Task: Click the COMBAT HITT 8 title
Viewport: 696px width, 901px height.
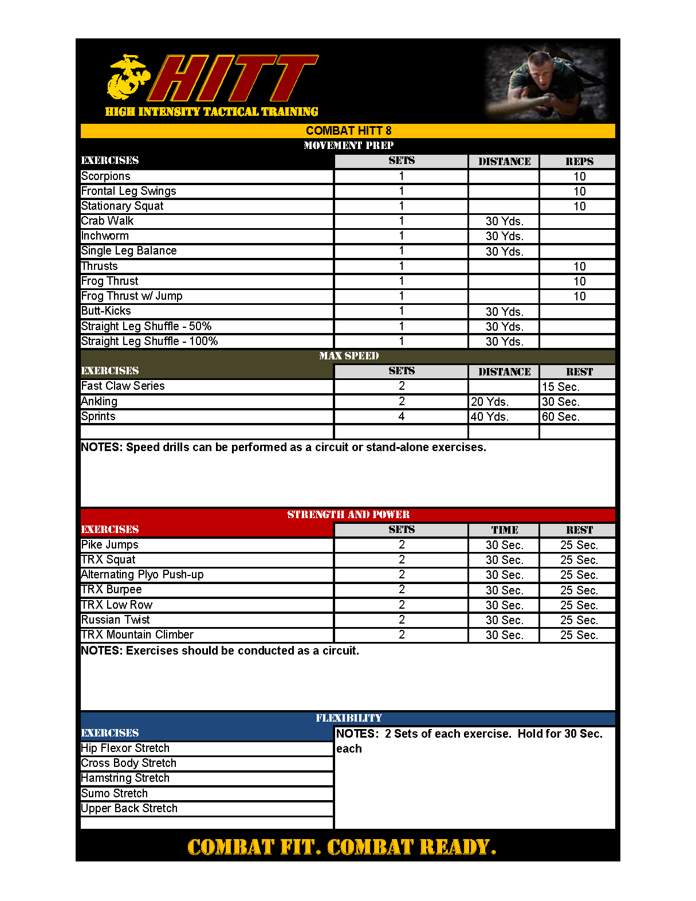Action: (x=348, y=131)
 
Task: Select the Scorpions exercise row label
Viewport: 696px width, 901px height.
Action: (x=106, y=177)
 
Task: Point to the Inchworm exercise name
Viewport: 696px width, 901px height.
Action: (x=105, y=236)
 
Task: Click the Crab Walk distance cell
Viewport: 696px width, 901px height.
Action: (x=504, y=221)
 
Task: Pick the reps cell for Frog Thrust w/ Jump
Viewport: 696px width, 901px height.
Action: (x=579, y=296)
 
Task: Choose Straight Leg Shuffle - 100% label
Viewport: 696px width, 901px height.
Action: (x=150, y=342)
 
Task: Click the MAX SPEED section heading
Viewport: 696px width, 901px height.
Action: (x=348, y=356)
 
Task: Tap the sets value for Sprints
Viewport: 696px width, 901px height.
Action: (x=402, y=417)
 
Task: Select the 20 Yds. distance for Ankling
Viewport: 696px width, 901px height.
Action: (x=490, y=402)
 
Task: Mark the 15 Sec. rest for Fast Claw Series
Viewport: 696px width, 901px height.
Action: (x=561, y=387)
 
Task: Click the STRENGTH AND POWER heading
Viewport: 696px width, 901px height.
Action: (x=348, y=515)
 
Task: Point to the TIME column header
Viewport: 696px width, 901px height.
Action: (x=504, y=530)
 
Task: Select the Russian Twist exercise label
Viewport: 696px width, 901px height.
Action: (x=116, y=620)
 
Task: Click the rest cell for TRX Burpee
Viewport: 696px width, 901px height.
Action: (x=579, y=590)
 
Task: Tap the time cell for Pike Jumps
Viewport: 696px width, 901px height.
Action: (x=504, y=545)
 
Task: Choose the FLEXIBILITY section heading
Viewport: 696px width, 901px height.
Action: (x=348, y=718)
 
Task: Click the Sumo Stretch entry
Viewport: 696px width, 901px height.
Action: (x=115, y=794)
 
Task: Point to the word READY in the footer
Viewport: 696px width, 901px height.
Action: (x=457, y=847)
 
